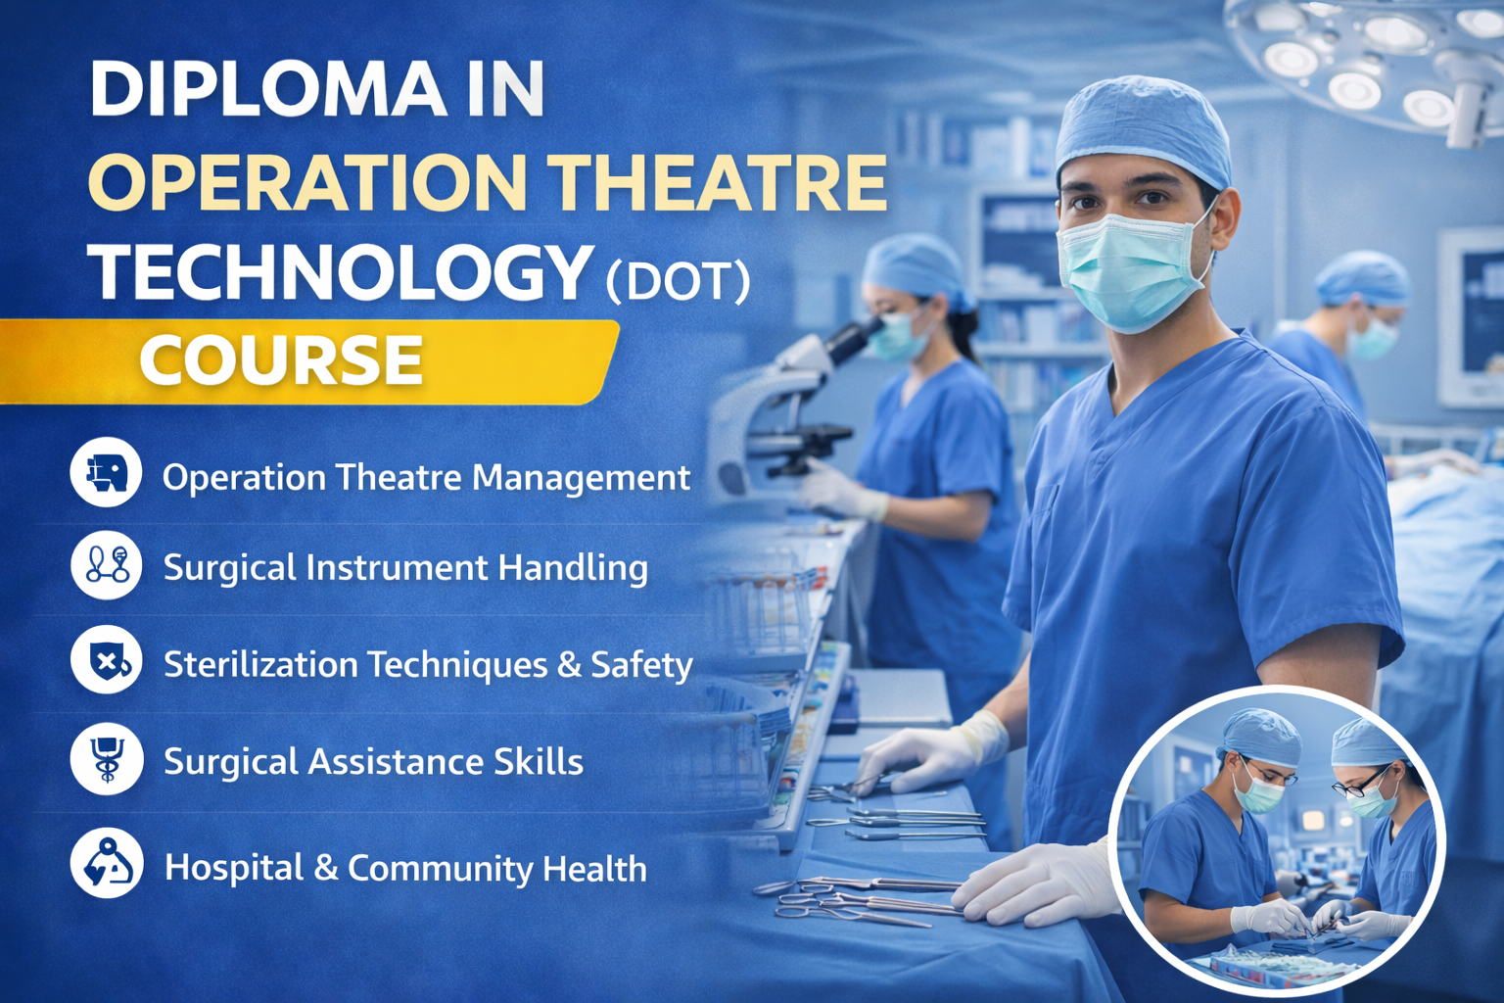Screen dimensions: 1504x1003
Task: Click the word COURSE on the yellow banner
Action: pos(281,360)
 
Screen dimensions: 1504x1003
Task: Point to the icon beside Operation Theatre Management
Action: pos(106,472)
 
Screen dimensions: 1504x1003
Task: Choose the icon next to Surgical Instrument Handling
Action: pos(106,565)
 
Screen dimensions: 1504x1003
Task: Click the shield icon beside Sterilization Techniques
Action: pos(106,660)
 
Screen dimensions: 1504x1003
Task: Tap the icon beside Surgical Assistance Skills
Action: pos(106,759)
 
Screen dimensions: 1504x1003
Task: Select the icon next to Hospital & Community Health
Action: pos(106,864)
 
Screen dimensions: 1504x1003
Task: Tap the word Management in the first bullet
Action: pos(582,478)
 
